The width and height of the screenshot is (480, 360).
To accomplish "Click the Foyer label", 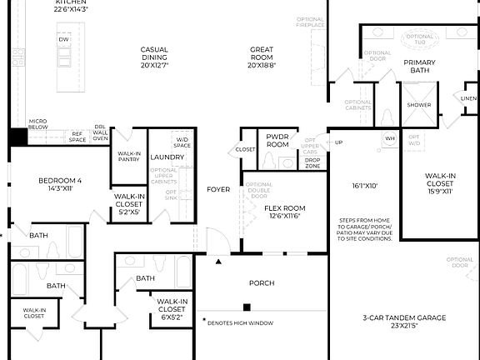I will click(218, 190).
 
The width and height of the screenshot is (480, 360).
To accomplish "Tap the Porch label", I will click(262, 283).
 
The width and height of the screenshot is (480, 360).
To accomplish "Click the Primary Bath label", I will click(419, 67).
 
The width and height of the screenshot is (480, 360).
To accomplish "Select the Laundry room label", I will click(167, 157).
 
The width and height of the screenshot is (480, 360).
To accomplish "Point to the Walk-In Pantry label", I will click(129, 156).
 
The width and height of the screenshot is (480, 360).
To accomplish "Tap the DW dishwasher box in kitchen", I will click(64, 40).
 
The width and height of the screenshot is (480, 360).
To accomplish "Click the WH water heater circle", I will click(389, 138).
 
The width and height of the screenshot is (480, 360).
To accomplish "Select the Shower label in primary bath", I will click(419, 106).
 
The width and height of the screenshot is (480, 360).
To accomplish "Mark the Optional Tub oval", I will click(424, 37).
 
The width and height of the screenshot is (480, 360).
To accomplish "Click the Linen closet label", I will click(469, 97).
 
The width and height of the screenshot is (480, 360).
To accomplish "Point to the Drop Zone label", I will click(312, 163).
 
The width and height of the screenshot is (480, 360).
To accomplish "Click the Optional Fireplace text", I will click(310, 22).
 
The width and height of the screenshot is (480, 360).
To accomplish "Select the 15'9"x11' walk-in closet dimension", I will click(438, 192).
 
